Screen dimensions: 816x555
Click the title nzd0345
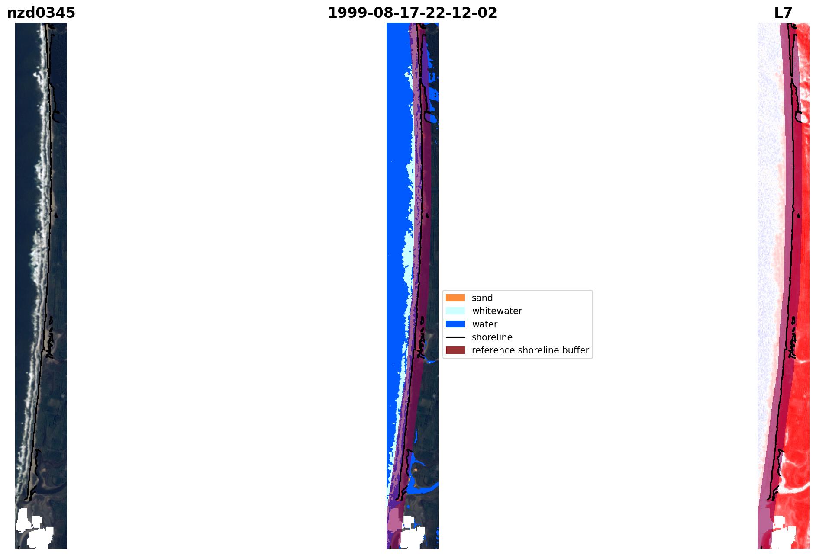click(41, 13)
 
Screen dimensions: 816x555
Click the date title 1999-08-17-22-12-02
click(412, 13)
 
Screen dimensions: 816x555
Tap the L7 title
click(783, 13)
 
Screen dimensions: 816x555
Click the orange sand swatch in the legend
click(455, 298)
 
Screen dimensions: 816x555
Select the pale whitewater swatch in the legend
click(455, 311)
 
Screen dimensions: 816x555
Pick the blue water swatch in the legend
click(455, 324)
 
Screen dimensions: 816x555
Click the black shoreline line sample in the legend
click(455, 337)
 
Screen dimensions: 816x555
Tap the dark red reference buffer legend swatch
click(455, 350)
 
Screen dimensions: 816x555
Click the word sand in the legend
click(482, 298)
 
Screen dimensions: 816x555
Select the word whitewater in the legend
click(497, 311)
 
